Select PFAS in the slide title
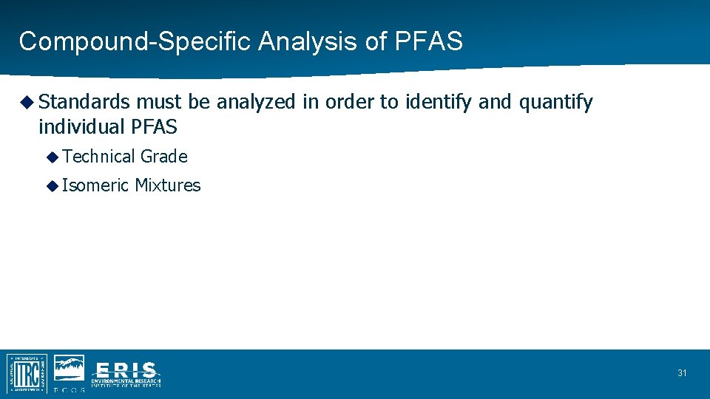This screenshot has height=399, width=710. coord(429,41)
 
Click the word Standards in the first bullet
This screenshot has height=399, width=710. coord(84,102)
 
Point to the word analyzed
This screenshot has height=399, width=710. coord(256,102)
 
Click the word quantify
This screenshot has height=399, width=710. coord(555,102)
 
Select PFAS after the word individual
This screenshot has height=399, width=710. coord(154,126)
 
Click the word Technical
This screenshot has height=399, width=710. coord(100,157)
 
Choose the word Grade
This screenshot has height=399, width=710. coord(164,157)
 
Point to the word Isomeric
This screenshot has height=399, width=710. coord(95,185)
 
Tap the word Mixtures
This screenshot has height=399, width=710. coord(168,185)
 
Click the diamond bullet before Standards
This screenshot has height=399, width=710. coord(27,102)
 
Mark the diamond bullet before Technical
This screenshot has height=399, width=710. coord(52,157)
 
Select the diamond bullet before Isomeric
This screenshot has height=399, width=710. coord(52,185)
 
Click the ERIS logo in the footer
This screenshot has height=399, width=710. coord(126,374)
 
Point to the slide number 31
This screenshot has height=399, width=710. coord(682,373)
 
